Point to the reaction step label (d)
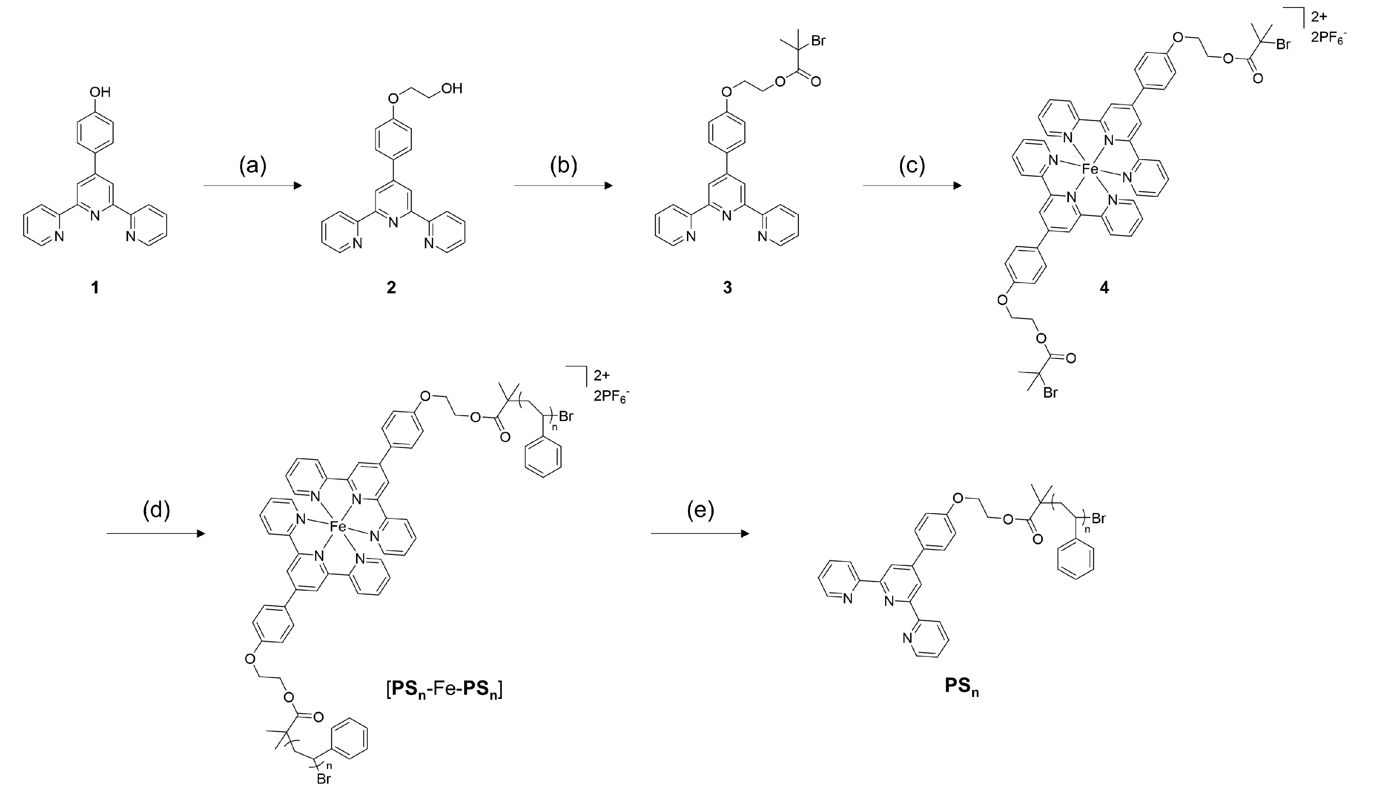(156, 510)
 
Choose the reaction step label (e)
(700, 510)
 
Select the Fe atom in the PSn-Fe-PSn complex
(337, 527)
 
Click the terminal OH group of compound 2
(452, 88)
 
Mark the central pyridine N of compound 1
(95, 216)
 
